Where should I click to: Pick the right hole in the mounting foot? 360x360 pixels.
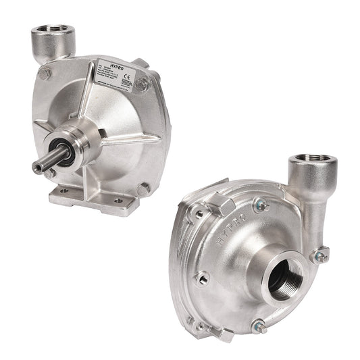[x=118, y=201]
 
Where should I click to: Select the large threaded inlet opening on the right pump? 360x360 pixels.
[x=284, y=276]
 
